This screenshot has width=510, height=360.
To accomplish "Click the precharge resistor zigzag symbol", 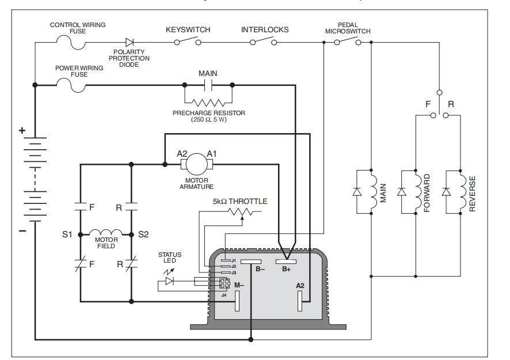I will (x=208, y=102).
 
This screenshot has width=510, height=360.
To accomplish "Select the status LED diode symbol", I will (x=169, y=281).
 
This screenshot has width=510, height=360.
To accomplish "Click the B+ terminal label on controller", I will (x=285, y=269).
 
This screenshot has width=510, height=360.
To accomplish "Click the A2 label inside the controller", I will (x=300, y=285).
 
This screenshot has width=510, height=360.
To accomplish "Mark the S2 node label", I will (x=143, y=234).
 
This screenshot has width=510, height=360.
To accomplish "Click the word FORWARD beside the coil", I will (x=427, y=194).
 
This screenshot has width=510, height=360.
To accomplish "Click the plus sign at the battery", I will (x=23, y=131).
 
